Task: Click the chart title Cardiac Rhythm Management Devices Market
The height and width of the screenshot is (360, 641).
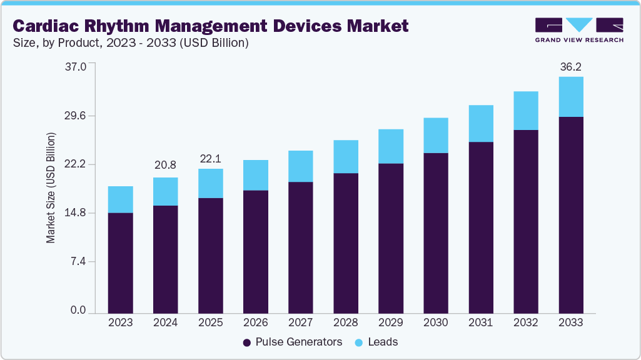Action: [211, 26]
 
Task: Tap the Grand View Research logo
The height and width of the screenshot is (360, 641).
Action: [579, 30]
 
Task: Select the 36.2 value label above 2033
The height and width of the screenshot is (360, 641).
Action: [570, 67]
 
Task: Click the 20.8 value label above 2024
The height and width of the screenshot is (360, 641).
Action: [165, 166]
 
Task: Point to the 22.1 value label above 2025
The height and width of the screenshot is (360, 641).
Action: [211, 159]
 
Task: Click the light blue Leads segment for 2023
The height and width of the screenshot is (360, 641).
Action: [120, 199]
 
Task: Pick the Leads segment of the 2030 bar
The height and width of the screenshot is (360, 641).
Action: [435, 135]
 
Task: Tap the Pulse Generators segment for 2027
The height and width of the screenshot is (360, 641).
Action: [300, 247]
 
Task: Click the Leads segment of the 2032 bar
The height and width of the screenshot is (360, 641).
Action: [525, 111]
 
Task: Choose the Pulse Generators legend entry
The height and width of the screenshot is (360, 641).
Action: [293, 342]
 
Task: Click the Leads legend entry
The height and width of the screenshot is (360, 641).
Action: [378, 342]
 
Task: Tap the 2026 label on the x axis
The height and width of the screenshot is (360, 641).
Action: [255, 322]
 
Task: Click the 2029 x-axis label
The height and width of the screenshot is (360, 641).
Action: [390, 322]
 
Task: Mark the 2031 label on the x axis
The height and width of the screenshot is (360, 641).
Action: [480, 322]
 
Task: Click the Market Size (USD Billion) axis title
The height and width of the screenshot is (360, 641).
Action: [51, 187]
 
